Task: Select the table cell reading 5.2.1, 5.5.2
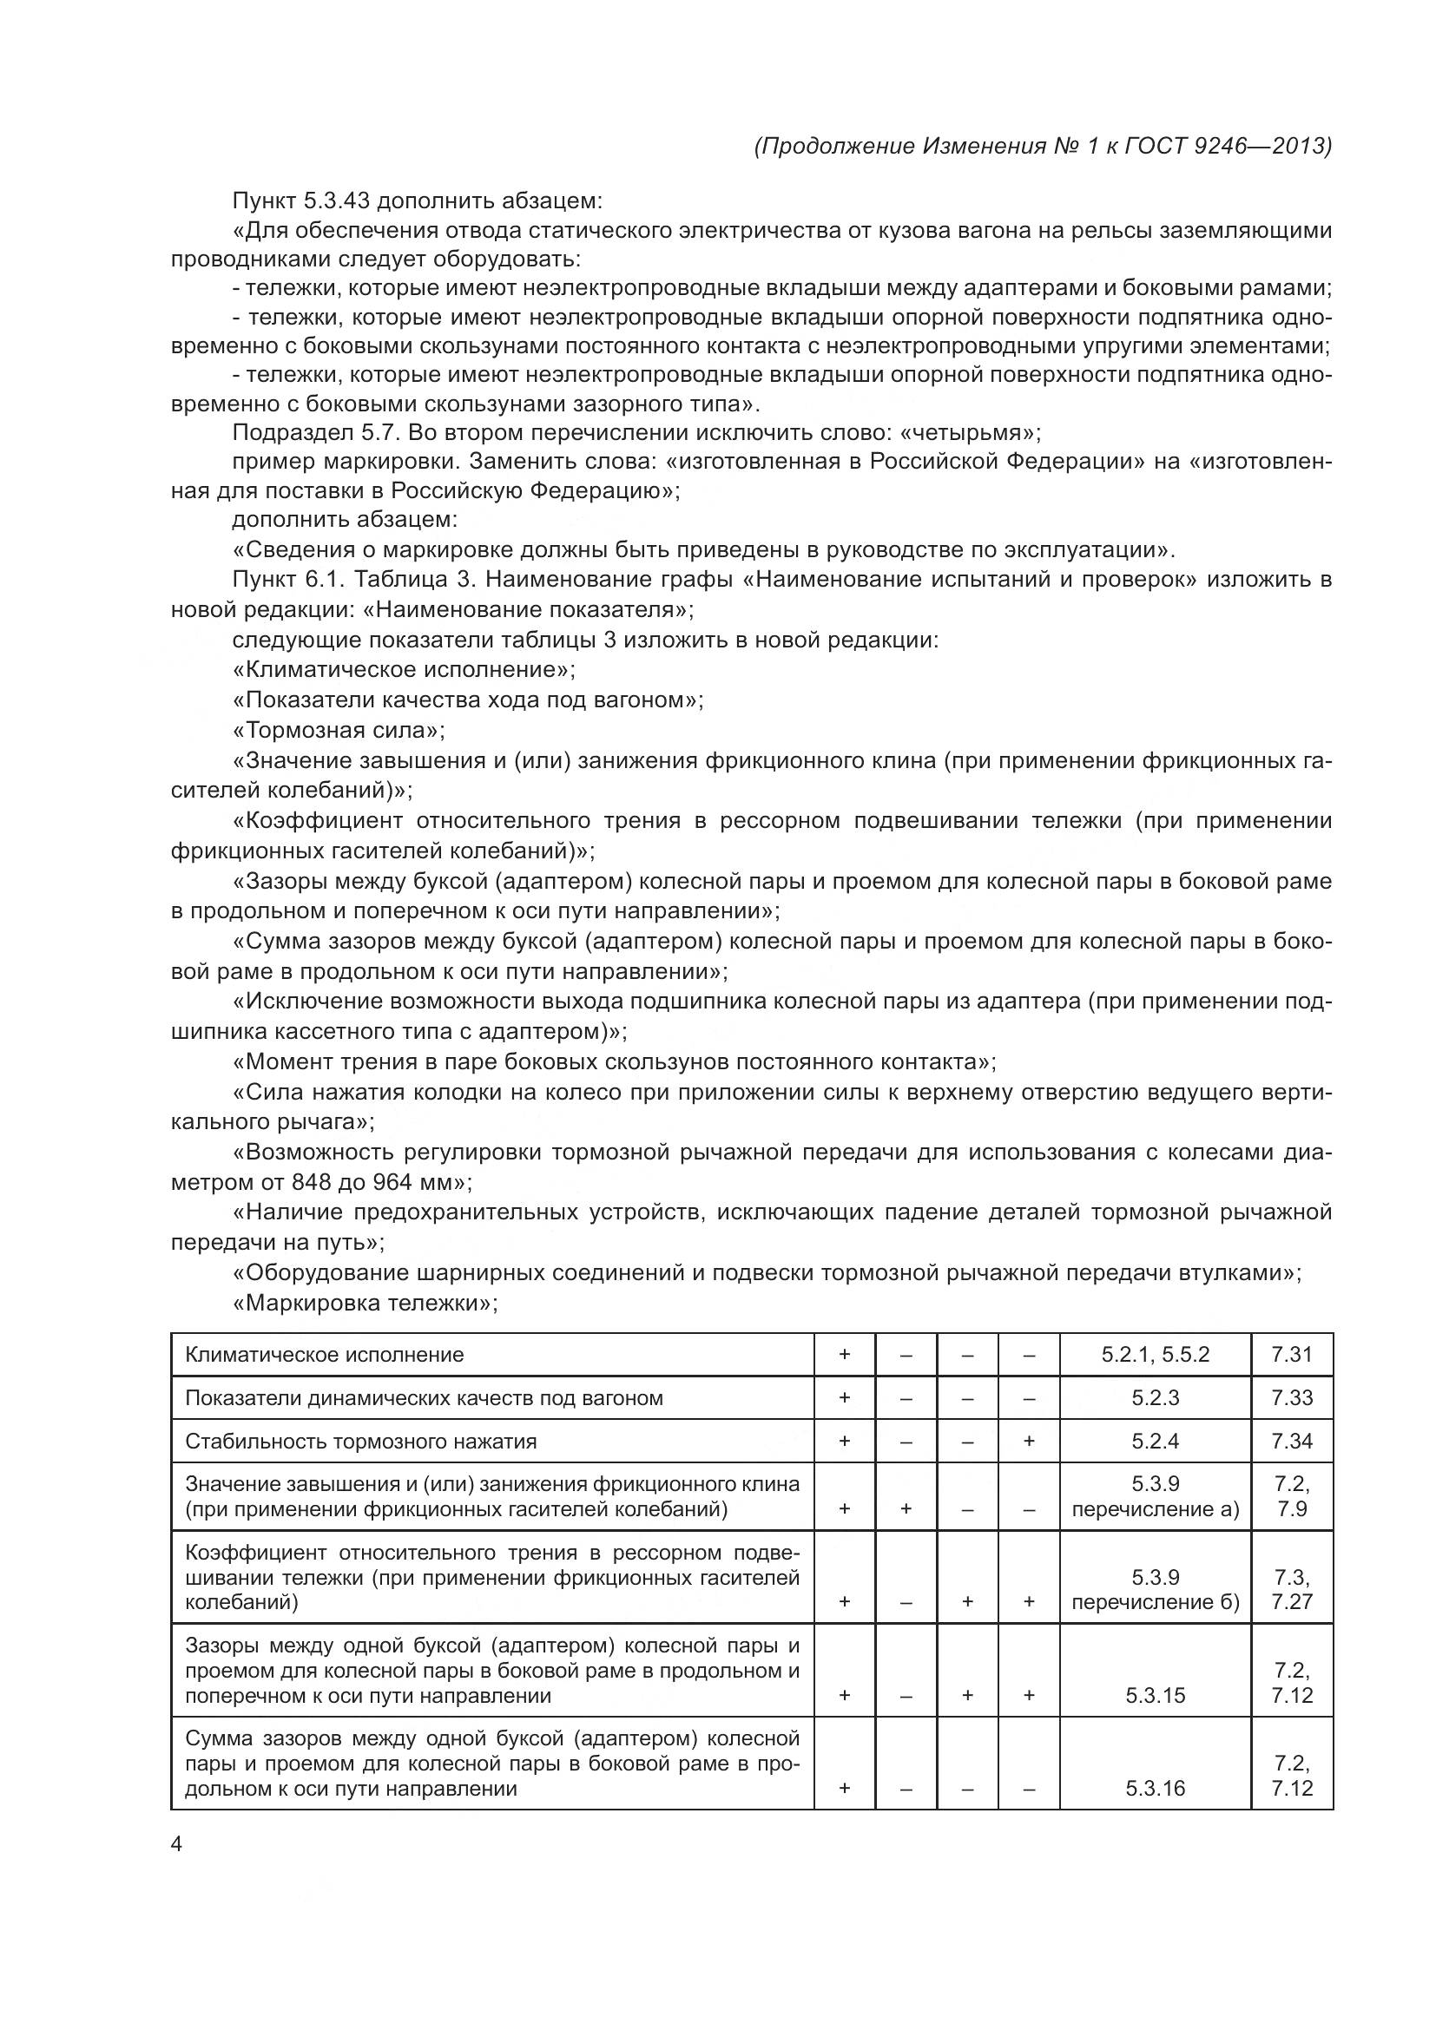(x=1155, y=1355)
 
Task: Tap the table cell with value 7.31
(x=1291, y=1355)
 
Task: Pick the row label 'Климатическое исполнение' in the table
(x=325, y=1355)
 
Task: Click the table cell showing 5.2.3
(x=1155, y=1398)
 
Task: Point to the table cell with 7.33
(x=1291, y=1398)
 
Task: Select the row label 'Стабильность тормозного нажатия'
(x=361, y=1442)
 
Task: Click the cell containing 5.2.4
(x=1155, y=1442)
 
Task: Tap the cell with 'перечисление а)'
(x=1155, y=1509)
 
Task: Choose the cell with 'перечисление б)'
(x=1155, y=1602)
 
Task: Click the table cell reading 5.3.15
(x=1155, y=1695)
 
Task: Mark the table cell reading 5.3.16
(x=1155, y=1788)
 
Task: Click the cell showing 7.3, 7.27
(x=1291, y=1590)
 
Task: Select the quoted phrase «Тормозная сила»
(x=339, y=730)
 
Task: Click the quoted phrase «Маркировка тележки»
(x=366, y=1303)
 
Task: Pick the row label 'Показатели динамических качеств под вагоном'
(x=424, y=1398)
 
